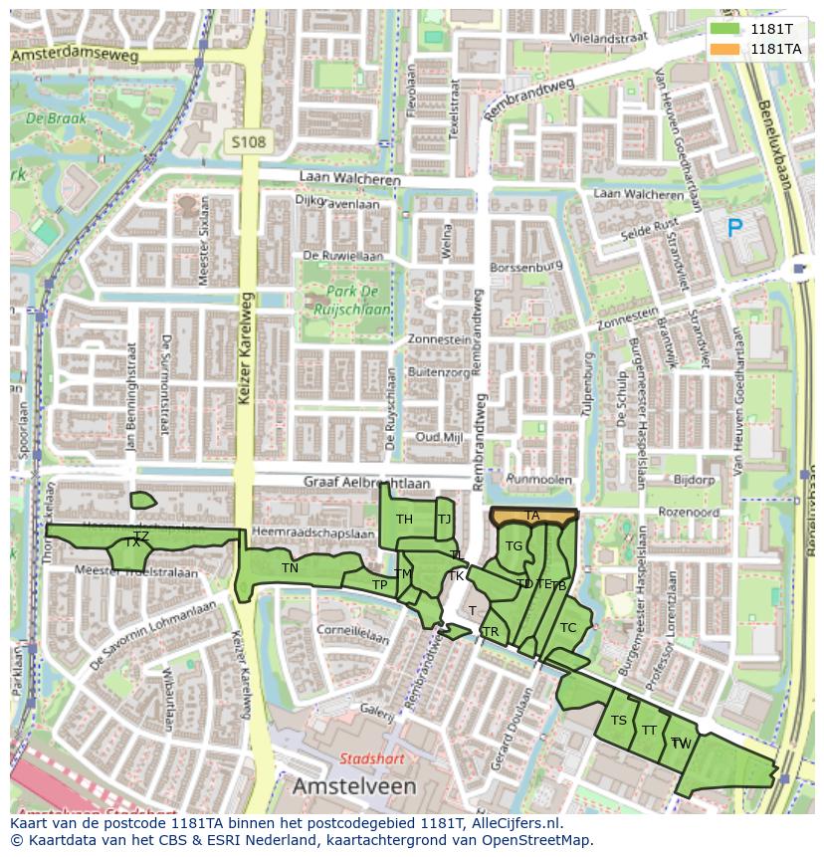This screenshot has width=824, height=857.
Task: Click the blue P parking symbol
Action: coord(734,229)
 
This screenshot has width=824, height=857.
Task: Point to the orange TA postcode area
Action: coord(533,516)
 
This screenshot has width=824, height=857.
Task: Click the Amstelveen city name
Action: coord(354,786)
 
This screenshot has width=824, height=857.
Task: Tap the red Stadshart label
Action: coord(372,758)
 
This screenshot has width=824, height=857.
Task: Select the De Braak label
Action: coord(56,117)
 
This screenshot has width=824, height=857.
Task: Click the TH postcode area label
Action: coord(404,520)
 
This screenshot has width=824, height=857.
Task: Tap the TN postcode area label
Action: coord(290,568)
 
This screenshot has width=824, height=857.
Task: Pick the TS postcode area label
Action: coord(619,721)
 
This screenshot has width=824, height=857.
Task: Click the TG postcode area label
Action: coord(514,546)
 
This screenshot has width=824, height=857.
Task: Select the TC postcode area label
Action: coord(568,627)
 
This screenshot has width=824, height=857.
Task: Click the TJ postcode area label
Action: coord(444,519)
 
